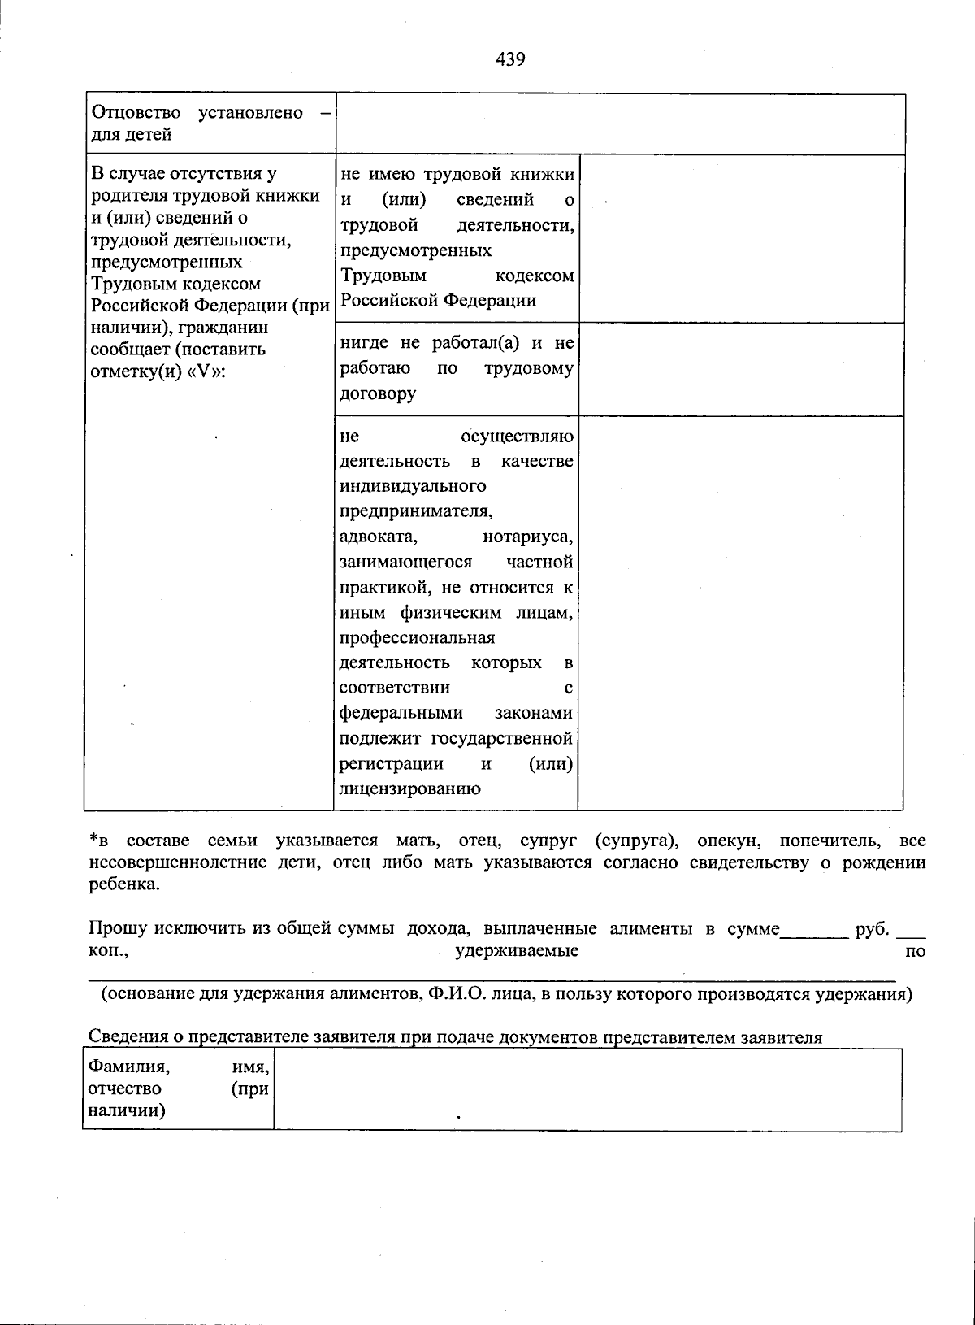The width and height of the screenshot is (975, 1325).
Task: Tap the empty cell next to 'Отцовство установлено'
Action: pos(620,124)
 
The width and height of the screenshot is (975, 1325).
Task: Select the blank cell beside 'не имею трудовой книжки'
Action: pos(741,238)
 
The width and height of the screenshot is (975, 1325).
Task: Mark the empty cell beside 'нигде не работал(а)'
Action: pos(741,369)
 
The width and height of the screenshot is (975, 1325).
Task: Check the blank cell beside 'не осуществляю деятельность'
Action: pos(741,612)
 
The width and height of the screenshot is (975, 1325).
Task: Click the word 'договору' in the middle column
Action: pos(378,394)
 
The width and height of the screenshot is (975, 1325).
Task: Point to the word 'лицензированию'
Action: pos(409,788)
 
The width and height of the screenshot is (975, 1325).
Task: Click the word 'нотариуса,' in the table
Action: pos(528,537)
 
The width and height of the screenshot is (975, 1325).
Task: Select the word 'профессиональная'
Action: pos(417,638)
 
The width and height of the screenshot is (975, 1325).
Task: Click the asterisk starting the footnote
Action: pos(93,839)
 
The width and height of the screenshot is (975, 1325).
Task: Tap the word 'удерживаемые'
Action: pos(517,951)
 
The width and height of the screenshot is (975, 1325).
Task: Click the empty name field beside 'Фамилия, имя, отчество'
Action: pos(587,1089)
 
